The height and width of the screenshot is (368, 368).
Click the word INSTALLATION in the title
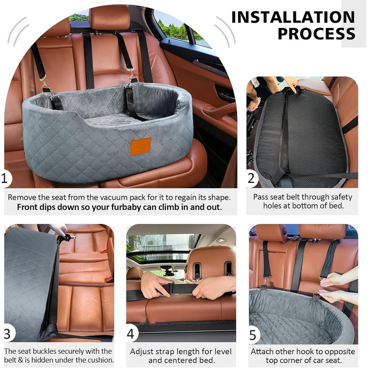(x=293, y=17)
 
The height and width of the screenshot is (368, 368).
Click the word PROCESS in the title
(x=316, y=34)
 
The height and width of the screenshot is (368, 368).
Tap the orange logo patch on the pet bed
(x=140, y=147)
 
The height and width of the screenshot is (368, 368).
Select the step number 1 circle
(x=5, y=179)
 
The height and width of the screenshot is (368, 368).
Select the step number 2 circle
(x=251, y=178)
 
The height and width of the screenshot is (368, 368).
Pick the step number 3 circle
(x=8, y=333)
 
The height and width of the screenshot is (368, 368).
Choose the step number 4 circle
(x=131, y=333)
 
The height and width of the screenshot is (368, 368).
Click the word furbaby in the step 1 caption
(x=130, y=207)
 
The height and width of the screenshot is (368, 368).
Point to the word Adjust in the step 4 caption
(x=140, y=352)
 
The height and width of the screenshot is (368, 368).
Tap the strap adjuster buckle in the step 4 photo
(x=171, y=289)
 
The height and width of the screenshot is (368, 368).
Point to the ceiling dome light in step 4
(x=221, y=240)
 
